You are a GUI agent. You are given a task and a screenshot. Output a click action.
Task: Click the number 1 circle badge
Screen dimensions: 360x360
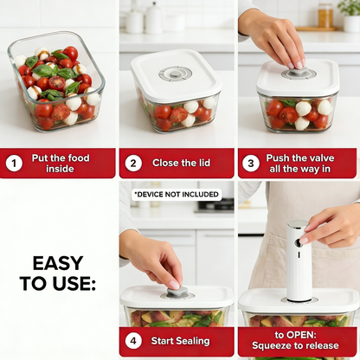14,163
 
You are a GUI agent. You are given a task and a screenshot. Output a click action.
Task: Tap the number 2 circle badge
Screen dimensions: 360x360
133,163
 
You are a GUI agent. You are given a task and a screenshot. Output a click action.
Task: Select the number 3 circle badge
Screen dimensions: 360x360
250,163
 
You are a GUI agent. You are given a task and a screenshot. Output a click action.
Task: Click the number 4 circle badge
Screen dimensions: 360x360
133,341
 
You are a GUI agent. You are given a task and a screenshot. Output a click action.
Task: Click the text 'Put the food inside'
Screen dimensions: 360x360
67,163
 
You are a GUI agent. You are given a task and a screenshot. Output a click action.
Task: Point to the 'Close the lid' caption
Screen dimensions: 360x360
183,163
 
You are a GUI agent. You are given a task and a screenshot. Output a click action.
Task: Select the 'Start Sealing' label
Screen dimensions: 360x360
183,341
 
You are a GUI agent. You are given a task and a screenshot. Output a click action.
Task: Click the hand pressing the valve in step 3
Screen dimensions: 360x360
277,39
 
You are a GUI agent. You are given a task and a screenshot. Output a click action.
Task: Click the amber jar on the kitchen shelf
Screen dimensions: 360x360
325,16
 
